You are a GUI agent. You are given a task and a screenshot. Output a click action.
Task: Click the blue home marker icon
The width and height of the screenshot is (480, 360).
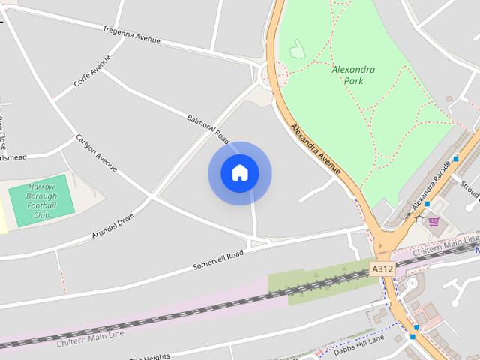click(x=239, y=173)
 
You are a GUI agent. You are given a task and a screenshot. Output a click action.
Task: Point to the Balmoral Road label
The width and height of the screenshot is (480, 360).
click(x=208, y=129)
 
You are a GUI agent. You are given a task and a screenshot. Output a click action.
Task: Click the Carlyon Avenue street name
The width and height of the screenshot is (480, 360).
click(x=96, y=153)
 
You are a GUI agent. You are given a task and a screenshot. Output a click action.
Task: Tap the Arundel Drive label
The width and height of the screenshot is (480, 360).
click(x=112, y=225)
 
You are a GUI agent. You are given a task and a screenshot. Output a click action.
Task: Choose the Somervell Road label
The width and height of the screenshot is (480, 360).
click(x=218, y=259)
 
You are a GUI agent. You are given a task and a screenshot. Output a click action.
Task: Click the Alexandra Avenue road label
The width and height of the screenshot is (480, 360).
click(x=316, y=150)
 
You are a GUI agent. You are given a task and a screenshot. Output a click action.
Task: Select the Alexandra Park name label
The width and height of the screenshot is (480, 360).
click(x=353, y=75)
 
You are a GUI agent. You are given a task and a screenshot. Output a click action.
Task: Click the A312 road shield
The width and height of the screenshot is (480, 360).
click(x=382, y=267)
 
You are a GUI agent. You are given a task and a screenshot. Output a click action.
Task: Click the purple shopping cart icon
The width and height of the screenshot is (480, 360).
click(x=433, y=220)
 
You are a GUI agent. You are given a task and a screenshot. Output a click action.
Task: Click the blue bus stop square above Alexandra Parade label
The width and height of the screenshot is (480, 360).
click(x=455, y=159)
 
